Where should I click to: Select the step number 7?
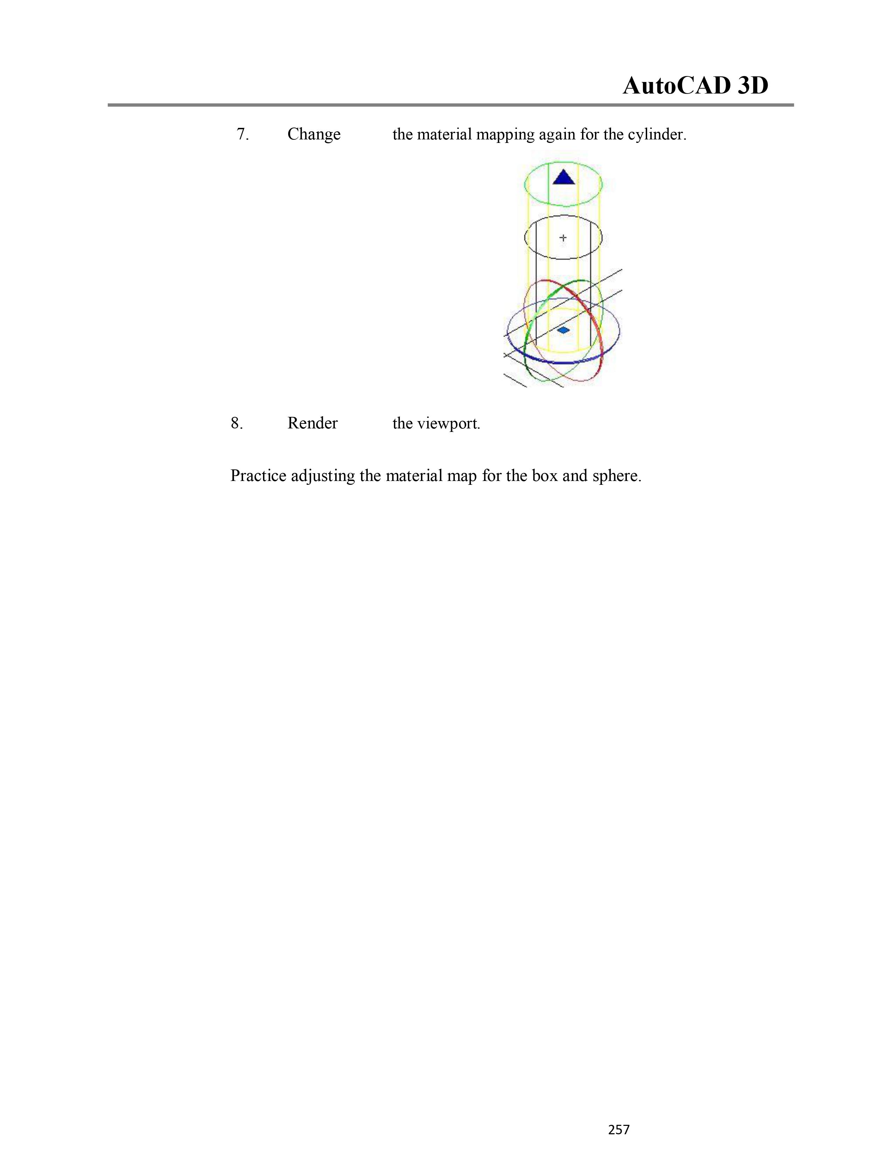pos(242,135)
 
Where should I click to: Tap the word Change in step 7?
pos(314,135)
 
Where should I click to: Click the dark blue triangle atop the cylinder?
pos(563,178)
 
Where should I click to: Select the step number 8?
pos(237,424)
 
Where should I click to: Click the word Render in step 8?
pos(312,424)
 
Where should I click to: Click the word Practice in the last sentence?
pos(258,476)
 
